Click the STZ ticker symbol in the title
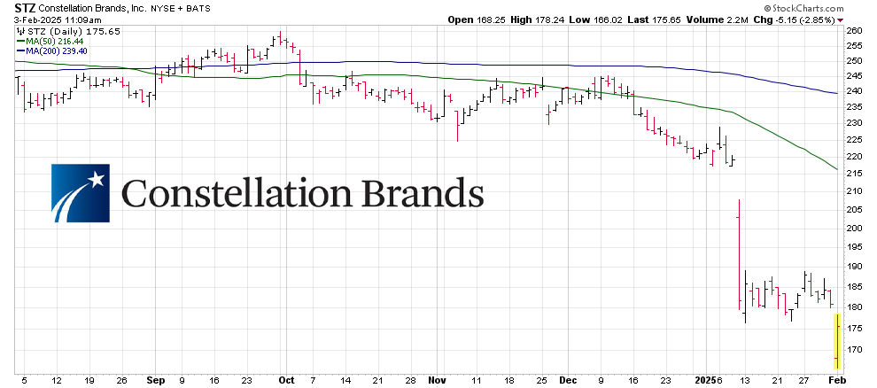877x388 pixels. coord(14,7)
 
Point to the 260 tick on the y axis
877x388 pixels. coord(855,30)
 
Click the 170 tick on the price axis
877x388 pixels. coord(855,349)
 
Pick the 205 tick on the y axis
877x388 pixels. coord(855,209)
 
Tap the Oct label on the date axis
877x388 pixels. coord(285,379)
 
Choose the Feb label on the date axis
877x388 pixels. coord(836,379)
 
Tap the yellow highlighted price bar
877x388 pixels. coord(836,340)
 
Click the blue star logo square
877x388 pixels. coord(80,192)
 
